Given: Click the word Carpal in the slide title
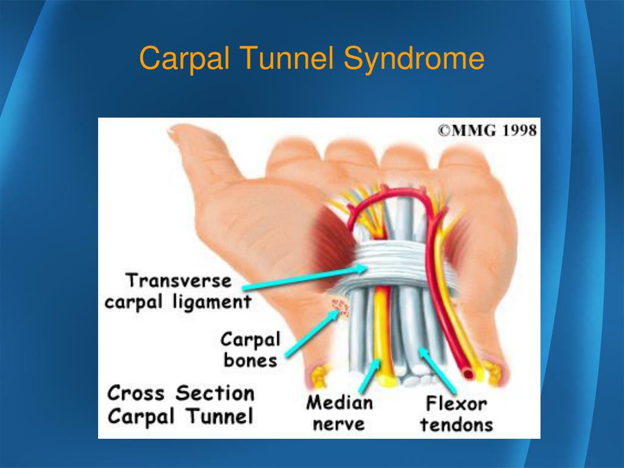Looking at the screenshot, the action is click(x=184, y=58).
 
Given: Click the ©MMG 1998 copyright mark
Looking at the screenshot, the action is click(x=487, y=130).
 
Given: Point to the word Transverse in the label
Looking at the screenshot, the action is click(x=179, y=280).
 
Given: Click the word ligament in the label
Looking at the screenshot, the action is click(x=212, y=302).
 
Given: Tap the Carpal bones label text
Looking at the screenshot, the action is click(x=250, y=350).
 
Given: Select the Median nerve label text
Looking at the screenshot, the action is click(x=339, y=413).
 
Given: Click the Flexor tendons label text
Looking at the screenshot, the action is click(x=456, y=414).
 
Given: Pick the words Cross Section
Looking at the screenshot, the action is click(x=180, y=393).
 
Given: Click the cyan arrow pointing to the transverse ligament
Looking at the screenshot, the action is click(x=305, y=278).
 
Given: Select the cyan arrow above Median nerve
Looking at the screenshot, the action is click(x=370, y=375).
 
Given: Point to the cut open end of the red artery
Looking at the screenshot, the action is click(x=469, y=374).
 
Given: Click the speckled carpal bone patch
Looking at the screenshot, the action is click(x=339, y=308).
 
